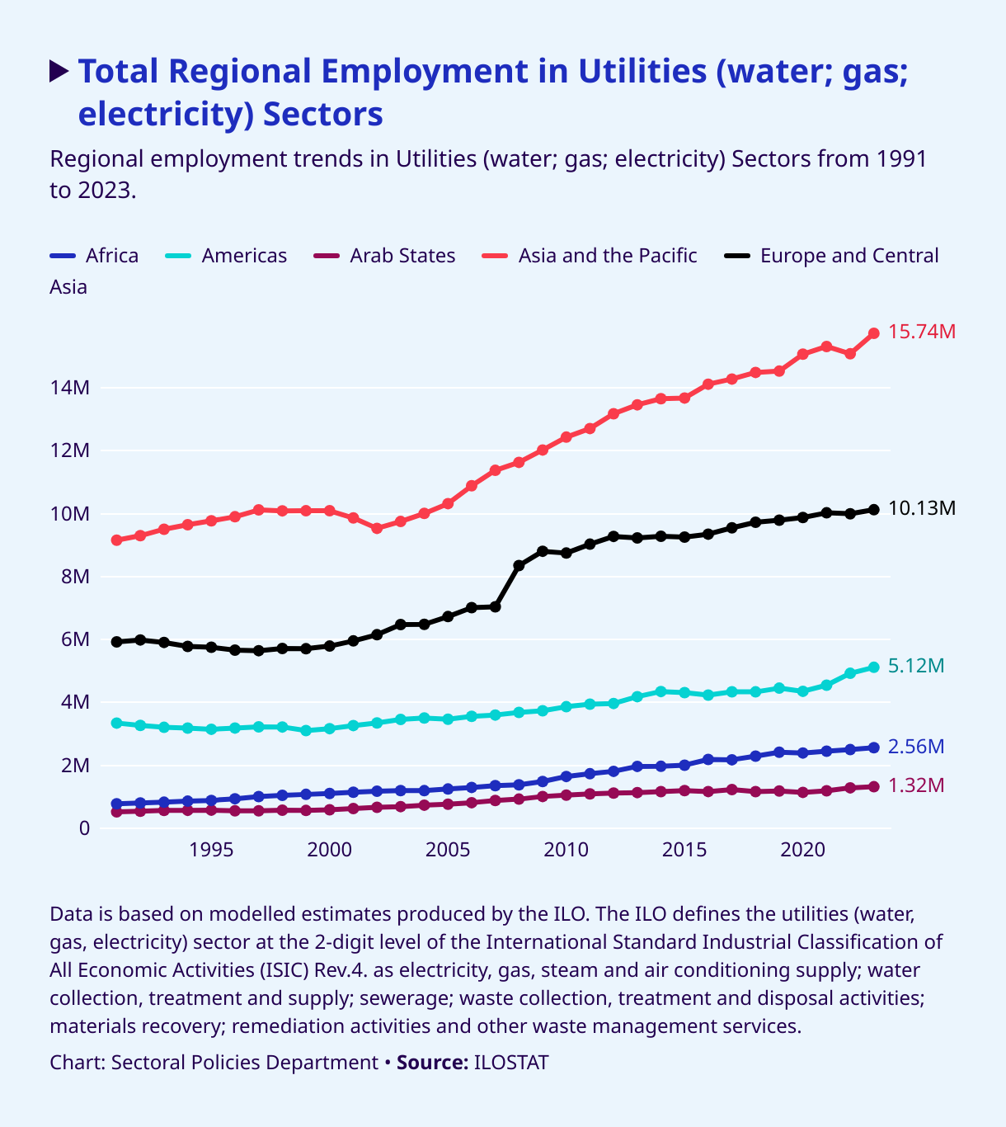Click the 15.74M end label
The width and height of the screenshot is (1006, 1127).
922,332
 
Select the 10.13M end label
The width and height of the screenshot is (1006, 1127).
922,508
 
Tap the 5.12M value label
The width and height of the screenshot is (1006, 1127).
916,666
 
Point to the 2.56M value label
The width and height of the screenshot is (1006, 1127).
916,747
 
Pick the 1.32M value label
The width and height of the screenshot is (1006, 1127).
916,785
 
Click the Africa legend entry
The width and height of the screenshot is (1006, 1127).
94,256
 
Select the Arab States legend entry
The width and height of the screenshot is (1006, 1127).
384,256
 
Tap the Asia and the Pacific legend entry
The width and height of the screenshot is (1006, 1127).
589,256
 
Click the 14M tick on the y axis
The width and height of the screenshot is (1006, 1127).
69,388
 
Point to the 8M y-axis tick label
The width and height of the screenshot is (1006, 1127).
74,577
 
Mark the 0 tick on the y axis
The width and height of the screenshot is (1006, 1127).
83,828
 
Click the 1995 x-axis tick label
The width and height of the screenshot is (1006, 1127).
211,850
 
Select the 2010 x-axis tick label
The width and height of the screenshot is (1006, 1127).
566,850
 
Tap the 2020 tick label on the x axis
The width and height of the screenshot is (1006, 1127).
802,850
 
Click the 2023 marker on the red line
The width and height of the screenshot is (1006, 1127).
874,333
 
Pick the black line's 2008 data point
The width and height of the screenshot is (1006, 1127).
519,565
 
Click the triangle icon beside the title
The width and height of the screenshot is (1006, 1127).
59,71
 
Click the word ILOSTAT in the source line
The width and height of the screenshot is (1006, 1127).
511,1063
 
